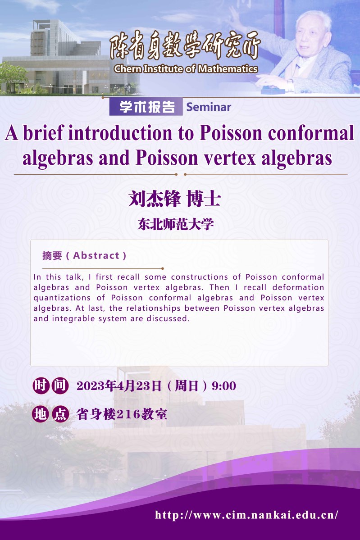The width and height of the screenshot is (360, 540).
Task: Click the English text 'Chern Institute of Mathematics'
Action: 186,69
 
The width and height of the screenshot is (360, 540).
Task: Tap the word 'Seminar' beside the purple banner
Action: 209,107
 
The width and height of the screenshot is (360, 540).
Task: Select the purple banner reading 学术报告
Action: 146,107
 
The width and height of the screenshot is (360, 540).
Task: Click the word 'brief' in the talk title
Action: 43,132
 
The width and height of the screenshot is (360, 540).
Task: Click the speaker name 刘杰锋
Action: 155,199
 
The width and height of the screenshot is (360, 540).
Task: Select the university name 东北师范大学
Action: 176,224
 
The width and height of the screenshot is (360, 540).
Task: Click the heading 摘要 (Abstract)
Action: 84,255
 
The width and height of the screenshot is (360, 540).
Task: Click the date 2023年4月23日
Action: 119,386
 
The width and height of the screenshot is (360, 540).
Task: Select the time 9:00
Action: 224,386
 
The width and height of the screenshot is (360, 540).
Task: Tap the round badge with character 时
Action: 41,386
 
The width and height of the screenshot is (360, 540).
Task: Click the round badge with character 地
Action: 41,413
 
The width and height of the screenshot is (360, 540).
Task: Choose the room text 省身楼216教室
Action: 122,414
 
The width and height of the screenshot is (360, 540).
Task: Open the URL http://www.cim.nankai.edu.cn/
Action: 246,515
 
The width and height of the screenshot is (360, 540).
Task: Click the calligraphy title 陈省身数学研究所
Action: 185,46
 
